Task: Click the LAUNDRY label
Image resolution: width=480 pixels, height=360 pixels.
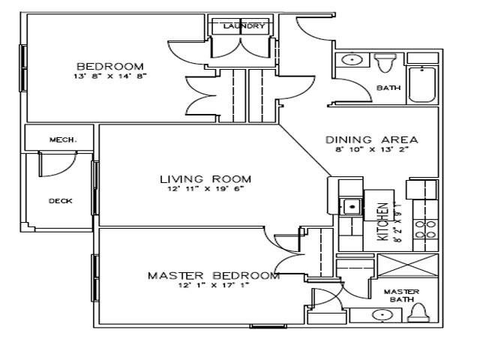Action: (244, 26)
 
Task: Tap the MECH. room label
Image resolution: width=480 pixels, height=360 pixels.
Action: (59, 139)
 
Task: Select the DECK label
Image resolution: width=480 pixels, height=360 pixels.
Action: (60, 201)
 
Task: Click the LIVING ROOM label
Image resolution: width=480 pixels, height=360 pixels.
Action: (205, 178)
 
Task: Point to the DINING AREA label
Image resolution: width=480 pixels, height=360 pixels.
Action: (371, 139)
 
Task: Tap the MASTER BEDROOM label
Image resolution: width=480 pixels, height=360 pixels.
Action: (214, 275)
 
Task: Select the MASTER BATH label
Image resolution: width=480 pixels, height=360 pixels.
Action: (400, 295)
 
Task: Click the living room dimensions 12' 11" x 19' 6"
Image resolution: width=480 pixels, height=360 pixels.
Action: (205, 189)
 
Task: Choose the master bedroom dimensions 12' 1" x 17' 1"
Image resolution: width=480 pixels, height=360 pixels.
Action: (213, 285)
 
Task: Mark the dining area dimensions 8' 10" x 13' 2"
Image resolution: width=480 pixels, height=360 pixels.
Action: (371, 150)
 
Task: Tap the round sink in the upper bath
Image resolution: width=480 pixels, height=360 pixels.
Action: (350, 59)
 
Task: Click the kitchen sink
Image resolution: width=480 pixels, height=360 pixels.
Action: (350, 205)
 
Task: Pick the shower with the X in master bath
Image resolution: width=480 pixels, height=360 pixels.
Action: (406, 266)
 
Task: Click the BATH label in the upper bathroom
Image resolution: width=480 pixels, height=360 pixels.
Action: (388, 88)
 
